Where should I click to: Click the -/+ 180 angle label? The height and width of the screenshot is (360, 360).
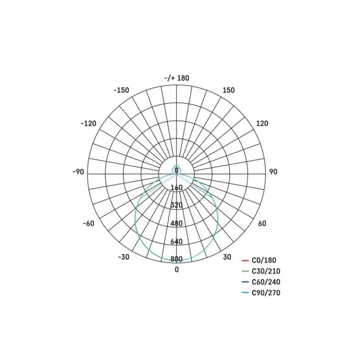tap(177, 78)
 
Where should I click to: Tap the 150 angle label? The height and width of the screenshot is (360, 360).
tap(229, 90)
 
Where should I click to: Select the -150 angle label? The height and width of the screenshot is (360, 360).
tap(121, 90)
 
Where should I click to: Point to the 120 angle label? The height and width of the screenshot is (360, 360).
tap(262, 124)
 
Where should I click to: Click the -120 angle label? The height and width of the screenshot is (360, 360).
tap(88, 124)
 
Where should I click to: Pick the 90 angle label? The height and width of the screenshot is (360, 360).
tap(273, 172)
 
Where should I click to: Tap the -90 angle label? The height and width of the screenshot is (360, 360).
tap(78, 172)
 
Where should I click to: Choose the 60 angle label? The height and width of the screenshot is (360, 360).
tap(262, 223)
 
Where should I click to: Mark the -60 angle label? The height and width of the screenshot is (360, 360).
tap(89, 223)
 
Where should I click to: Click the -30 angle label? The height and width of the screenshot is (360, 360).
tap(124, 257)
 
